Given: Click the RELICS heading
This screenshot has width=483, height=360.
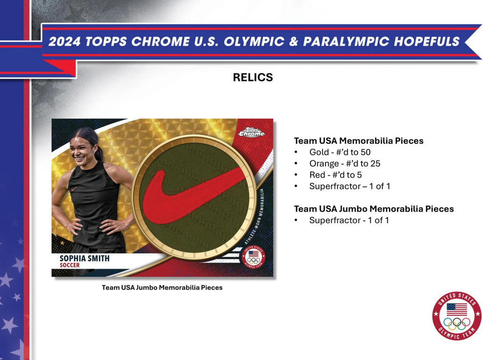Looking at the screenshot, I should pos(253,78).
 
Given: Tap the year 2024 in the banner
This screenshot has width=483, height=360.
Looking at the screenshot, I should pos(64,41).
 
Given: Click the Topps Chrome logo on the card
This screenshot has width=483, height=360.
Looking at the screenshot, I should pos(251,132).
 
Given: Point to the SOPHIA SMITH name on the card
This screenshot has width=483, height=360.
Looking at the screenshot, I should pos(84,258).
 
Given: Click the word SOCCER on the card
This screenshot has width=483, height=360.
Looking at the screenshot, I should pos(69,265).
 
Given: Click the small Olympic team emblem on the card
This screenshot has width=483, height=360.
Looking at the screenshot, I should pos(253,257).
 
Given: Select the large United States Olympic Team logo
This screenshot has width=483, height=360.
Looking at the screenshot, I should pos(457,316).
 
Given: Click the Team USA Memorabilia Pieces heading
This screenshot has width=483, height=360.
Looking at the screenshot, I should pos(358,141).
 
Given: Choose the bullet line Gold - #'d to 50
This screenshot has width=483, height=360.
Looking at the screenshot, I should pos(340,152).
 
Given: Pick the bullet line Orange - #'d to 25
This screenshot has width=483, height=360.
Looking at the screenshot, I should pos(344,164).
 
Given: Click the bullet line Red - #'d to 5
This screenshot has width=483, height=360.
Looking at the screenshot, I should pos(335,175).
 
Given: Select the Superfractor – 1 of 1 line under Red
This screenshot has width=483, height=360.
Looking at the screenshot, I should pos(350,186).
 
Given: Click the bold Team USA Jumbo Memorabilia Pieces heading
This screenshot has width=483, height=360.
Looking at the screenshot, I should pos(374,209).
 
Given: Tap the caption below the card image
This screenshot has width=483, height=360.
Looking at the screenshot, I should pos(162,287).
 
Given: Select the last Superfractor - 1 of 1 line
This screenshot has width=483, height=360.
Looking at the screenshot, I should pos(349,220).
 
